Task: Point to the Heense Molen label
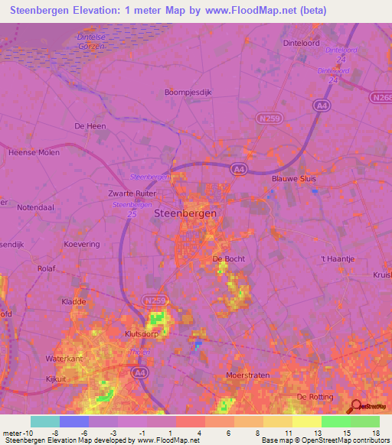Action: click(34, 152)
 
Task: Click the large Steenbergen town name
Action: click(185, 214)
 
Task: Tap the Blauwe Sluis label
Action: click(294, 179)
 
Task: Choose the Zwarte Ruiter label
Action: click(132, 194)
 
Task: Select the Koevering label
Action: click(82, 244)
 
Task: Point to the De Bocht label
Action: click(227, 260)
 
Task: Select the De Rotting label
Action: click(316, 397)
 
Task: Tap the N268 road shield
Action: click(381, 98)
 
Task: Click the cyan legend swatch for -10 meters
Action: click(45, 421)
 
